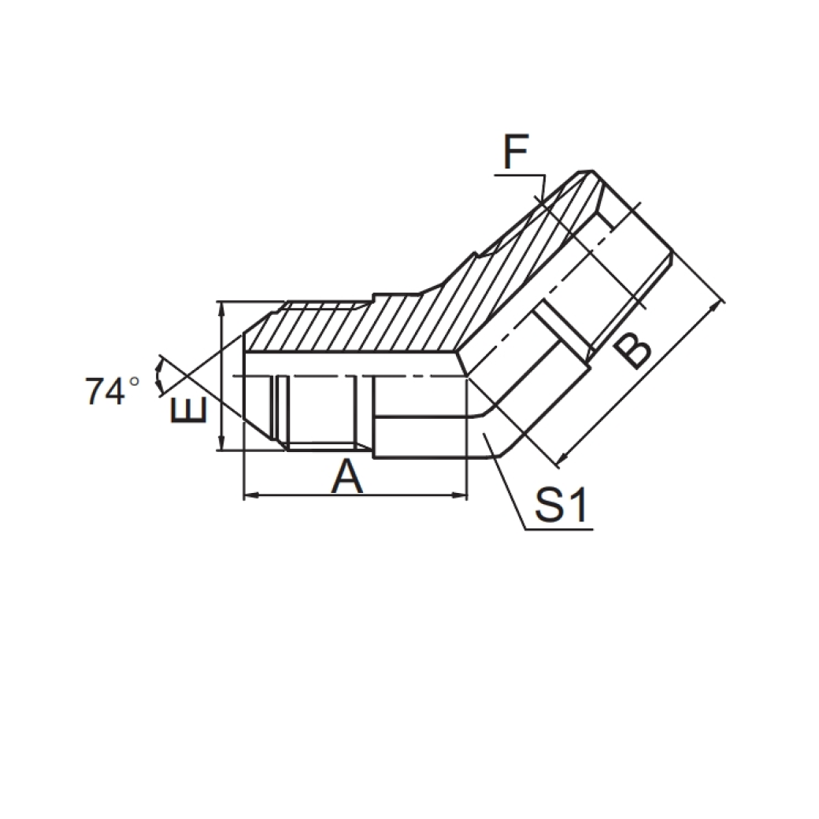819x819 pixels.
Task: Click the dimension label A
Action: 347,476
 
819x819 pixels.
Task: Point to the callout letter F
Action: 516,154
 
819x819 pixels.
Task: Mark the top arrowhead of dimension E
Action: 224,307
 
